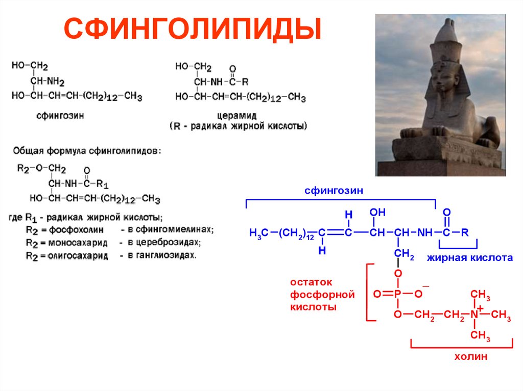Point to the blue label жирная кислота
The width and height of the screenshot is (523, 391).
[470, 258]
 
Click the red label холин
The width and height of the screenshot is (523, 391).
[470, 357]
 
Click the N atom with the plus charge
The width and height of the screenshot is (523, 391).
[475, 315]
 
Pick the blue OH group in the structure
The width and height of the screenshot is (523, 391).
[377, 212]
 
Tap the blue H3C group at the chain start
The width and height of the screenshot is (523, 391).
[258, 233]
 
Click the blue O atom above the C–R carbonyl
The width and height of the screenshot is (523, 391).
[446, 212]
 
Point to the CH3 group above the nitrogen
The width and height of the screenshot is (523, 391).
[480, 295]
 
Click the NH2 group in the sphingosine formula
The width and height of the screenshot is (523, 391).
[55, 81]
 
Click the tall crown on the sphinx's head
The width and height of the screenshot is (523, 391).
[446, 43]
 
